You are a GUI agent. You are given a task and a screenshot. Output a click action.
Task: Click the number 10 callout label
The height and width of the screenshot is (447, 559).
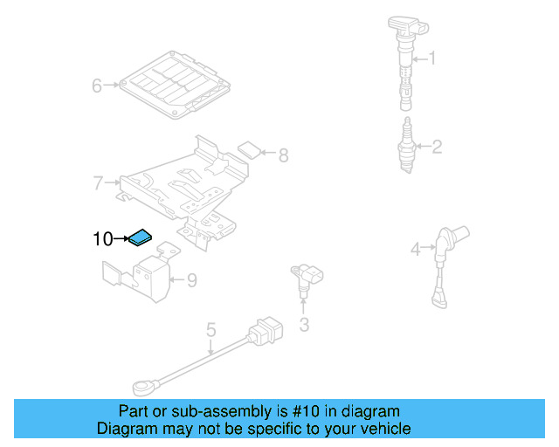[x=103, y=238]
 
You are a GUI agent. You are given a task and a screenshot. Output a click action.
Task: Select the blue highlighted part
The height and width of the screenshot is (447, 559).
[x=140, y=237]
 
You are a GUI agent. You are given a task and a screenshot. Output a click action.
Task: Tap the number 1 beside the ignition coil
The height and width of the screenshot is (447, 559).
[x=430, y=59]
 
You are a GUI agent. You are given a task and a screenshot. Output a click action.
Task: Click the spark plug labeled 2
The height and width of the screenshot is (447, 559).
[x=404, y=144]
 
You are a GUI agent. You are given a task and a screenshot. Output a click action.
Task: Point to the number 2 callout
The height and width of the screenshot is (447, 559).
[x=437, y=147]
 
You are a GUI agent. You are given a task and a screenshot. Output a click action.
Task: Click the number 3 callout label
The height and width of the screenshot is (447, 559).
[x=303, y=326]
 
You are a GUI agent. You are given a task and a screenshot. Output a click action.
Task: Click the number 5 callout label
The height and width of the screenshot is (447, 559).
[x=210, y=330]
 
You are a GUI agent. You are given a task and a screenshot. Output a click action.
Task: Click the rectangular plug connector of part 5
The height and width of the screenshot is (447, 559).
[x=265, y=332]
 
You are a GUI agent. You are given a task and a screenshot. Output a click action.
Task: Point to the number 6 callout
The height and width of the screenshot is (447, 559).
[x=98, y=86]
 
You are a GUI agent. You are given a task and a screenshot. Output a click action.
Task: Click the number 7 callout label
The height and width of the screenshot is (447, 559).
[x=98, y=183]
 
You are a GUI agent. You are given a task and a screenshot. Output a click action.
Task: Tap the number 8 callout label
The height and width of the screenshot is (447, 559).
[x=283, y=156]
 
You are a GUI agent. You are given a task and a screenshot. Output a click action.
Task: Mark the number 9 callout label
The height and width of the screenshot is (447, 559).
[x=192, y=280]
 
